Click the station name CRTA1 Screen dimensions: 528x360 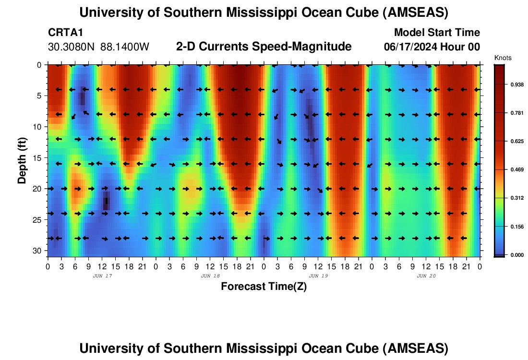pyautogui.click(x=65, y=32)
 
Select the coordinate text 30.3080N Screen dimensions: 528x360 pyautogui.click(x=71, y=47)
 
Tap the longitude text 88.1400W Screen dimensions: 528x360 pyautogui.click(x=125, y=47)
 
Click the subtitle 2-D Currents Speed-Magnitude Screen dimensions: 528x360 pyautogui.click(x=264, y=47)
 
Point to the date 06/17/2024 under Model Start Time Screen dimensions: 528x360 pyautogui.click(x=410, y=47)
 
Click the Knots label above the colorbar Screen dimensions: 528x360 pyautogui.click(x=503, y=58)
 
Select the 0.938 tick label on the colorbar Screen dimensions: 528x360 pyautogui.click(x=517, y=84)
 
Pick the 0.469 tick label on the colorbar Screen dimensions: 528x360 pyautogui.click(x=517, y=170)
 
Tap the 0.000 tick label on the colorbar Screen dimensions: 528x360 pyautogui.click(x=517, y=255)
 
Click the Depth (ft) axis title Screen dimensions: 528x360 pyautogui.click(x=22, y=161)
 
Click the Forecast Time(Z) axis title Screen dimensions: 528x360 pyautogui.click(x=264, y=286)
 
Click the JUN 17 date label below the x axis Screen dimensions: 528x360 pyautogui.click(x=102, y=276)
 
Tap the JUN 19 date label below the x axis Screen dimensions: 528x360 pyautogui.click(x=318, y=276)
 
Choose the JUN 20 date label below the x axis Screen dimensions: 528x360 pyautogui.click(x=426, y=276)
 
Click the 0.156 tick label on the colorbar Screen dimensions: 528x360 pyautogui.click(x=517, y=227)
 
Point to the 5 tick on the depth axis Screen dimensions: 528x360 pyautogui.click(x=39, y=96)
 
